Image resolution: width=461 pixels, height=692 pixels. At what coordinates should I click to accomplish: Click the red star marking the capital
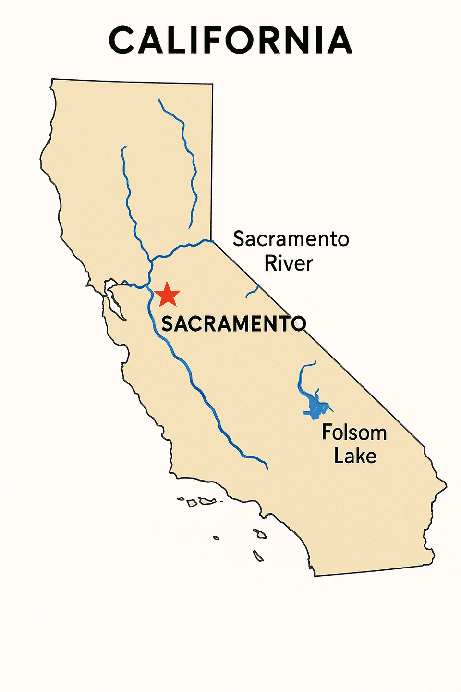167,295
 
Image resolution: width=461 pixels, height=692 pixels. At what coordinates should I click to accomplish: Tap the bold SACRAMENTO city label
233,324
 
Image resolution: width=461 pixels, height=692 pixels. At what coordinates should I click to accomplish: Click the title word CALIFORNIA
230,41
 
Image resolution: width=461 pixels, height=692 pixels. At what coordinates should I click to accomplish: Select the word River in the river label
289,263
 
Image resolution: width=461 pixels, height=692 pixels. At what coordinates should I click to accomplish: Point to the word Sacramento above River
291,239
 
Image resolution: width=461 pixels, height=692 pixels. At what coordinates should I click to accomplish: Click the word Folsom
354,432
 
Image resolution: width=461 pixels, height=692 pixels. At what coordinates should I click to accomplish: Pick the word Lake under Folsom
355,456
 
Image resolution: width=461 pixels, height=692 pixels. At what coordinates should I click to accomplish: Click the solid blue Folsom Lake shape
316,407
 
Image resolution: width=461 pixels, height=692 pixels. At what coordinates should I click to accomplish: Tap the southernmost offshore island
258,556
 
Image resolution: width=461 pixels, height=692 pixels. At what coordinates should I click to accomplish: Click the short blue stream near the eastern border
252,291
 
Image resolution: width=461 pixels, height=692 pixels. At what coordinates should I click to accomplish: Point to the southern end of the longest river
267,468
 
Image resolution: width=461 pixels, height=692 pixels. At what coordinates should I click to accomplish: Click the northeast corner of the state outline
212,85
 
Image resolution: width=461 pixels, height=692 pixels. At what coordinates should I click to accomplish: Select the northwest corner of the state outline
52,79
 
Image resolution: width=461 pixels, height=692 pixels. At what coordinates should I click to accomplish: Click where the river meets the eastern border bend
212,240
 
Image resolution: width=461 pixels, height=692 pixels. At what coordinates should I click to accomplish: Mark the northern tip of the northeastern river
158,99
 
